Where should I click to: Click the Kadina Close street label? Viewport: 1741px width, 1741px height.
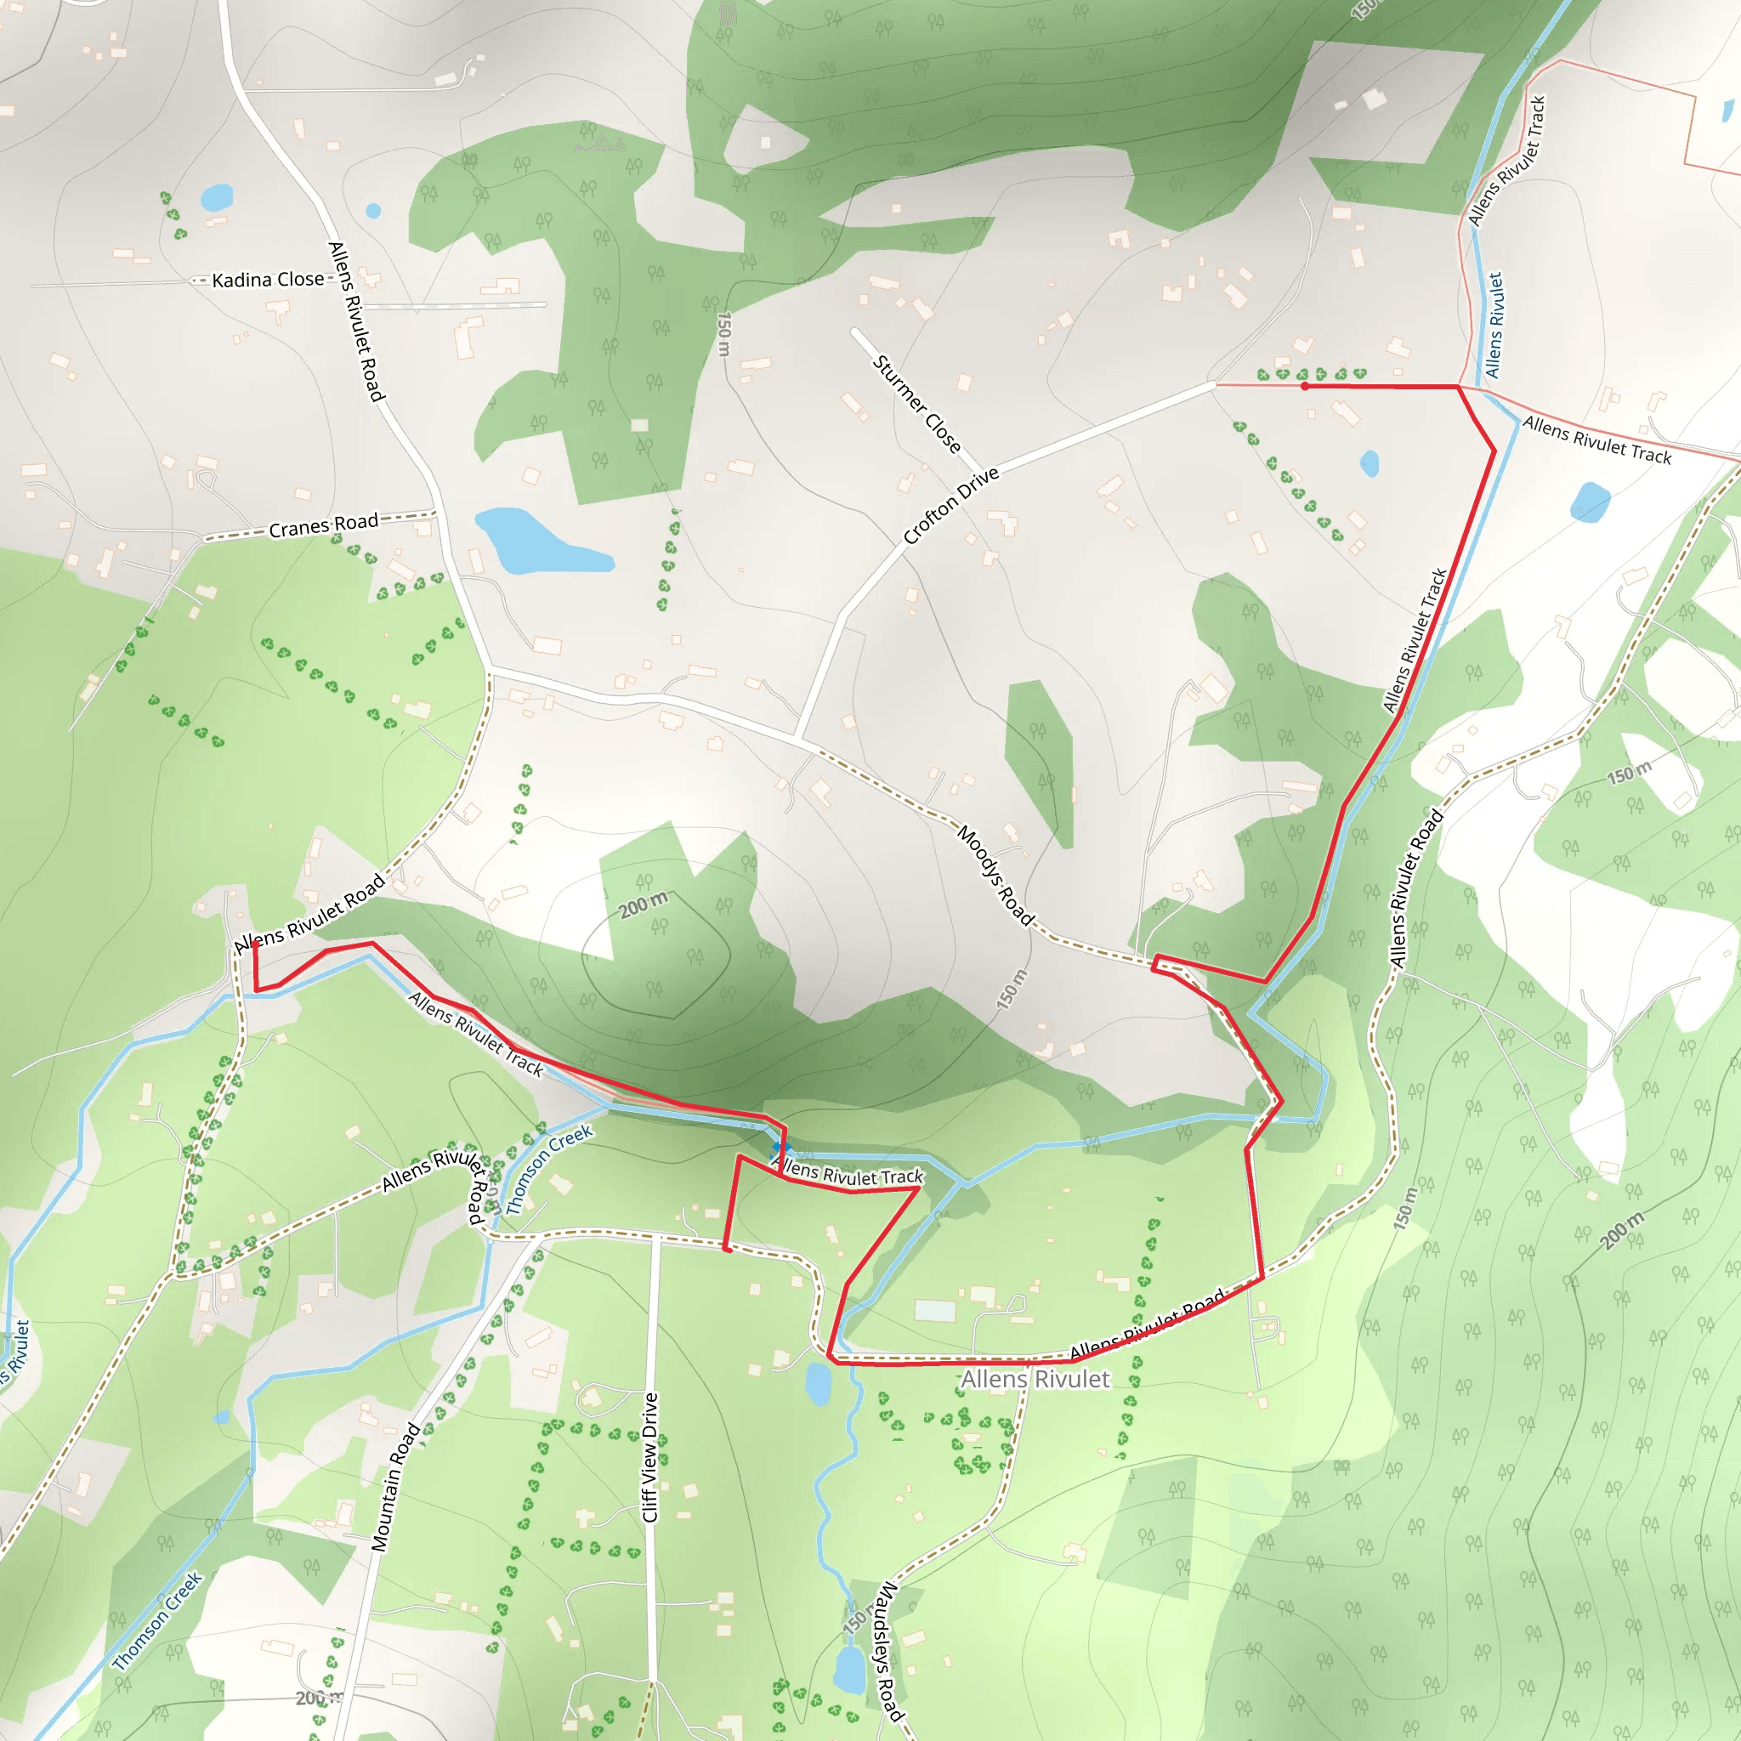pos(268,281)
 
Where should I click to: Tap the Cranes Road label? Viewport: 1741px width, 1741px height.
pos(324,525)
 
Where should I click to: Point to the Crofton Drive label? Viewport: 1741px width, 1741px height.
pos(950,506)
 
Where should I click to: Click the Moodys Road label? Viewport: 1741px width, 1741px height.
pos(994,875)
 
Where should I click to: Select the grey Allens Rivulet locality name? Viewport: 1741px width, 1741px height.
pos(1035,1379)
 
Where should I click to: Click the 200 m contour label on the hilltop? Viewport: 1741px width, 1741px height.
pos(644,904)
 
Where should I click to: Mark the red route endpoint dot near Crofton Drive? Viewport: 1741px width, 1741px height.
pos(1305,386)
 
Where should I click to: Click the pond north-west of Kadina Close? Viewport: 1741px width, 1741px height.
pos(217,196)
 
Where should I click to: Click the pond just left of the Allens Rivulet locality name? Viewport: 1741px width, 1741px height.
pos(817,1384)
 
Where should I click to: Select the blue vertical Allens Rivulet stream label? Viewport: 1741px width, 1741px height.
pos(1495,326)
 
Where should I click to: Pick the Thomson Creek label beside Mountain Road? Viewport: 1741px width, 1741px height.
pos(548,1170)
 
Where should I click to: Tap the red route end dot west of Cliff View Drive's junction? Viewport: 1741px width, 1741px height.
pos(727,1249)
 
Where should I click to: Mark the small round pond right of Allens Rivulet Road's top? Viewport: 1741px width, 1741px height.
pos(373,211)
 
